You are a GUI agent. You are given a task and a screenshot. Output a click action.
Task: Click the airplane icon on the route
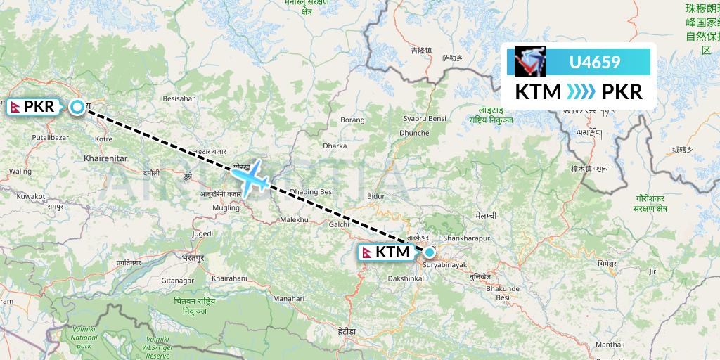point(251,176)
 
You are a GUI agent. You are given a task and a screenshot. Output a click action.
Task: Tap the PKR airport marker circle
point(77,107)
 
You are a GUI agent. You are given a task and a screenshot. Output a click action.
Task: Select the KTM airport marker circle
point(429,252)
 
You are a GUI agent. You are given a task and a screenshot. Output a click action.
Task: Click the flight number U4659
point(594,62)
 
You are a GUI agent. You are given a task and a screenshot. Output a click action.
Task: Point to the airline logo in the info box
point(530,62)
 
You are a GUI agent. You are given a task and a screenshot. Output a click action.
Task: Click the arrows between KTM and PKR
point(581,92)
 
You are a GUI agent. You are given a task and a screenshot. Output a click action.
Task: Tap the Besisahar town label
point(179,98)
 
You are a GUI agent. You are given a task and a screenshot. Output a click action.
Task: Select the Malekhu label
point(295,220)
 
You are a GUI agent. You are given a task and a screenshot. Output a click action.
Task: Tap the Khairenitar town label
point(105,160)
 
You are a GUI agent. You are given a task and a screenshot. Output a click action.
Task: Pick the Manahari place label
point(288,298)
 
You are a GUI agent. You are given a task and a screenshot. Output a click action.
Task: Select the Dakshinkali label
point(406,278)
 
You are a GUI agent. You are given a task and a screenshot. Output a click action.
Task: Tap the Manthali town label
point(610,345)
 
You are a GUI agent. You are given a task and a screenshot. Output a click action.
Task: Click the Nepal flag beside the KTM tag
point(366,252)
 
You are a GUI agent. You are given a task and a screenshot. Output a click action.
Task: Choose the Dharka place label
point(335,146)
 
